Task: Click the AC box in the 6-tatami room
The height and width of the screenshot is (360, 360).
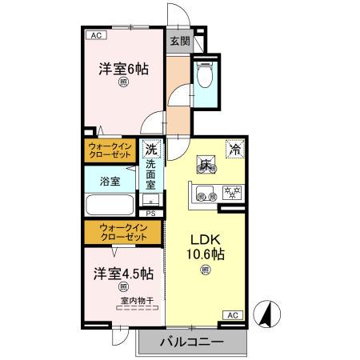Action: [x=95, y=35]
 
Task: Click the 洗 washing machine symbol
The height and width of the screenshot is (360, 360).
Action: [x=151, y=148]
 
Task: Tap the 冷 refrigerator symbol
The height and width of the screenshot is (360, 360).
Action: [x=236, y=147]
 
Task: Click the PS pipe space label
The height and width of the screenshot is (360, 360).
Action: [x=150, y=213]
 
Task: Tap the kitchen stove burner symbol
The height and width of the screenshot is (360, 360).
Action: [x=232, y=192]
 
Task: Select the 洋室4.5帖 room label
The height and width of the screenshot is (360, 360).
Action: [x=123, y=274]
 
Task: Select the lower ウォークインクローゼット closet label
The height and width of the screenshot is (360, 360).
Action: [x=123, y=233]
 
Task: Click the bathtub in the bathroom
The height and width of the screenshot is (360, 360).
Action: [x=110, y=207]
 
